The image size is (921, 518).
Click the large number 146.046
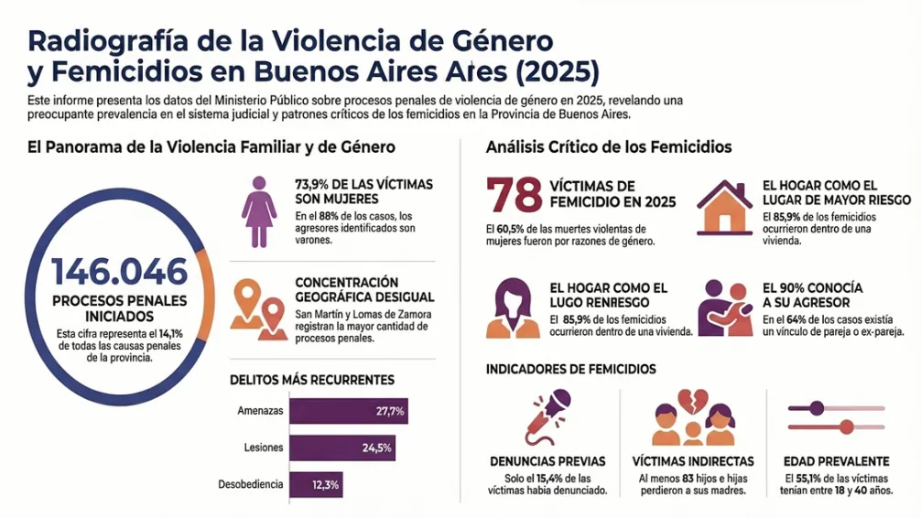point(119,272)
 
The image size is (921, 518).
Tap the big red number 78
point(514,196)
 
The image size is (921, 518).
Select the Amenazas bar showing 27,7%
point(348,412)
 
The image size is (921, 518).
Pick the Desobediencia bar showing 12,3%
point(316,484)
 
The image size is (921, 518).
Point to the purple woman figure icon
point(259,211)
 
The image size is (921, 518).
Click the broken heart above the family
point(691,399)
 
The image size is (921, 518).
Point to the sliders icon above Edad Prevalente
point(836,416)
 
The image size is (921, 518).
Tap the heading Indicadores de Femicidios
point(570,369)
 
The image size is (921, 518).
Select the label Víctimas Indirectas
point(693,461)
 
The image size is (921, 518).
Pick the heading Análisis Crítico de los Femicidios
point(609,146)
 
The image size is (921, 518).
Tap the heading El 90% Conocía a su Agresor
point(812,295)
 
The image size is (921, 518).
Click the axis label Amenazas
point(259,412)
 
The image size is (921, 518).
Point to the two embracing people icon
point(724,308)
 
